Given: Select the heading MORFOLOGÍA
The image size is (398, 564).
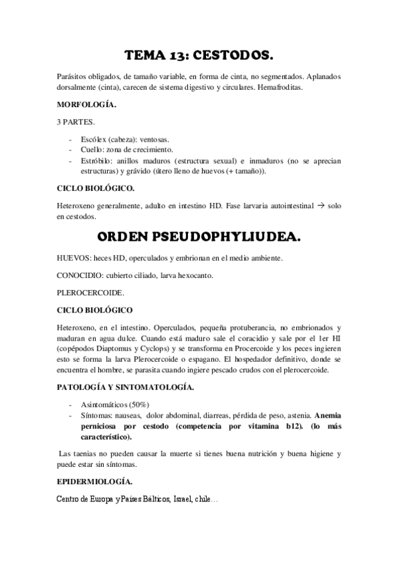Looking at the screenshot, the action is coord(86,105).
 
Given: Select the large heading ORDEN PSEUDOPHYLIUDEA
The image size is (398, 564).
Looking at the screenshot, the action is coord(199,237).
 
